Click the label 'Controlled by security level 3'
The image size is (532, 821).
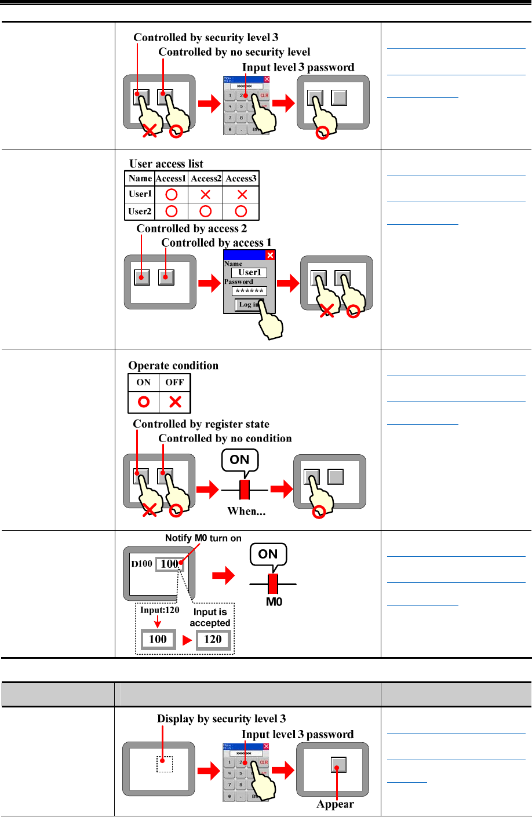(206, 38)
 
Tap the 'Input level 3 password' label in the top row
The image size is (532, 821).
(298, 67)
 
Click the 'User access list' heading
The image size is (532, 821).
(166, 163)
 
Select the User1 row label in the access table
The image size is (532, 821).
(140, 194)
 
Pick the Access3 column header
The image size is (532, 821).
(241, 178)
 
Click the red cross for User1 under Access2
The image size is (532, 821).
(206, 194)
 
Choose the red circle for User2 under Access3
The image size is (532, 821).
(241, 211)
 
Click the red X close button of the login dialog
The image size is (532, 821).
(270, 255)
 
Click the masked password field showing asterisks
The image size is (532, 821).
(250, 291)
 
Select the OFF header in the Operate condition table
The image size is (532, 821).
(174, 382)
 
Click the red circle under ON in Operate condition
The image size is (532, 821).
(144, 402)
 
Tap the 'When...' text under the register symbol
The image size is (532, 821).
(246, 511)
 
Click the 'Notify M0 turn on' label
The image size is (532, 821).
(203, 538)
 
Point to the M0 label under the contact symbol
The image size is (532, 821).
(274, 602)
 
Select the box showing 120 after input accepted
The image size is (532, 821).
(213, 639)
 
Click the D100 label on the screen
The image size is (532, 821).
(141, 563)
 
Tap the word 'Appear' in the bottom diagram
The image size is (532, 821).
(335, 804)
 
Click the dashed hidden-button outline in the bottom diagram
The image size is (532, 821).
(165, 764)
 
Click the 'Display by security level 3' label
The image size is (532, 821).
(221, 719)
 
